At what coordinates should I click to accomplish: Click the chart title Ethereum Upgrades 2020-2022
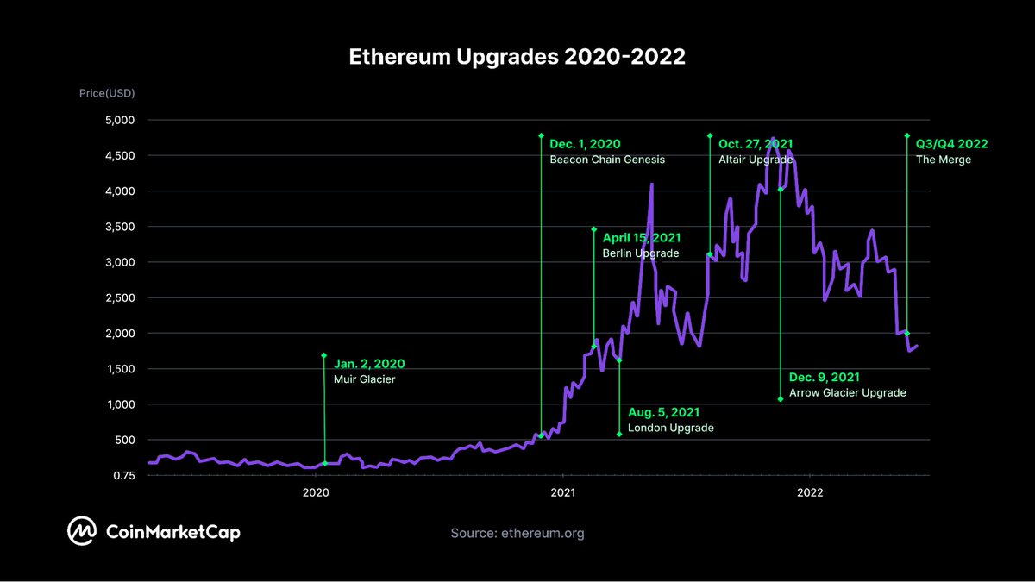point(517,57)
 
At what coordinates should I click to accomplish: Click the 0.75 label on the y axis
point(122,475)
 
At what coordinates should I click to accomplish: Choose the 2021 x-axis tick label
point(562,492)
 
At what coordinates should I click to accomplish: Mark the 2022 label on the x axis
point(810,492)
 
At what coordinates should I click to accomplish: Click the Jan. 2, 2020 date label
point(368,364)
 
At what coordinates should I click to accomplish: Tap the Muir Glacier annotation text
point(364,379)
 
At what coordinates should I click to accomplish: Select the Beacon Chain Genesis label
point(607,160)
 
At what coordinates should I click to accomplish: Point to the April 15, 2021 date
point(641,238)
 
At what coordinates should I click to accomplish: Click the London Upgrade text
point(670,428)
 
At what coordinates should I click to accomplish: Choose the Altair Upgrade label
point(756,160)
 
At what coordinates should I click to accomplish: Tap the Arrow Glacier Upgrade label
point(848,392)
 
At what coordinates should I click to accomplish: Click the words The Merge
point(944,160)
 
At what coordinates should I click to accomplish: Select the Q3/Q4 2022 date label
point(951,144)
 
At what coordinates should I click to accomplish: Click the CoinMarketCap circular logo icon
point(82,532)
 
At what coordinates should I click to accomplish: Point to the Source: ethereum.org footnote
point(517,533)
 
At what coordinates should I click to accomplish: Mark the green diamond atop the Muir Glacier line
point(324,355)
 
